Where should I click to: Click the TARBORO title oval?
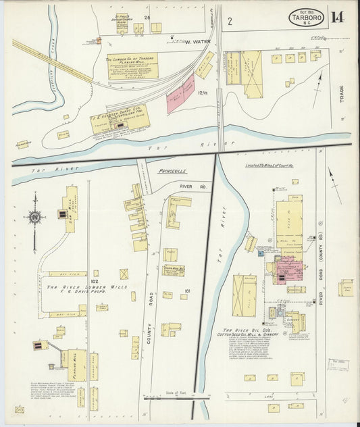(x=306, y=17)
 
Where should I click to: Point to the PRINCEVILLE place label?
(x=172, y=171)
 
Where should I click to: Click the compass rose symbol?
(x=34, y=217)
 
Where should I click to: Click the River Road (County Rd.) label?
(x=321, y=284)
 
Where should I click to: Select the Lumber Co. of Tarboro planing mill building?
(x=132, y=66)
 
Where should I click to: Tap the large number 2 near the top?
(x=230, y=21)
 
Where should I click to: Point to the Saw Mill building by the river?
(x=70, y=209)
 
